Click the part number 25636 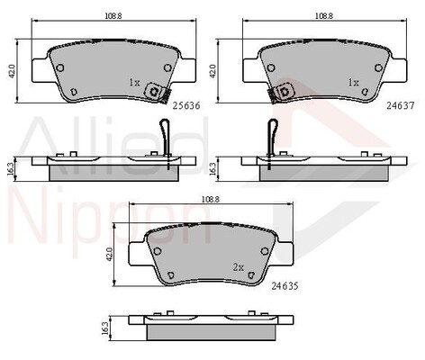coord(186,106)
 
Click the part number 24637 coord(400,105)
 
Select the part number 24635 coord(285,286)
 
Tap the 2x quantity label coord(239,267)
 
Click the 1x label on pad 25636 coord(134,83)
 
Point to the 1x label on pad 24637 coord(353,83)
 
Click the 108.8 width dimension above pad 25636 coord(113,16)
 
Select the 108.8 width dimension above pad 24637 coord(324,16)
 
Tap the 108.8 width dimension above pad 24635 coord(210,199)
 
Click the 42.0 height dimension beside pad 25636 coord(12,71)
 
